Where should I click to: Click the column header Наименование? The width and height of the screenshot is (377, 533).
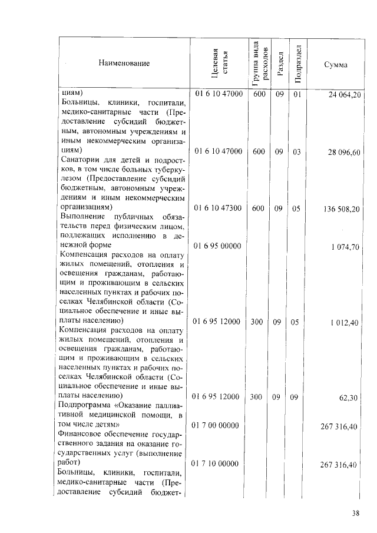pos(124,63)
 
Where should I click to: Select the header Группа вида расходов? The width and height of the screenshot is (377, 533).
pos(258,62)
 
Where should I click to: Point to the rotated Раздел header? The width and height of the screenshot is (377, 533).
pos(280,63)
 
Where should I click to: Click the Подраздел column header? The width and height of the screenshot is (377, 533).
pos(298,63)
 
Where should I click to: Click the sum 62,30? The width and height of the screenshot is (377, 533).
pos(350,398)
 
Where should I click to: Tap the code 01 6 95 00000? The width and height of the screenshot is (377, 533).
pos(216,246)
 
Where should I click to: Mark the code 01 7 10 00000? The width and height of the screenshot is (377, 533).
pos(216,464)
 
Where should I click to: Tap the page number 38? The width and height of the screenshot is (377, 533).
pos(356,513)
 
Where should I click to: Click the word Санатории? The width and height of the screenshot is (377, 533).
pos(81,160)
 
